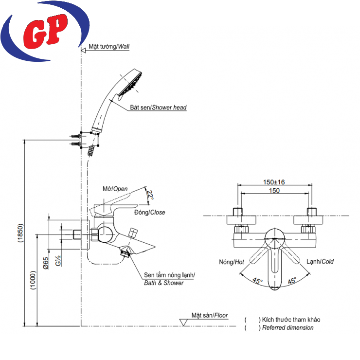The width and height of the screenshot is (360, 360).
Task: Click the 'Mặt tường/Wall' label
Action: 109,47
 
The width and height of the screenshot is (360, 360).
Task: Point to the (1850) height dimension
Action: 19,234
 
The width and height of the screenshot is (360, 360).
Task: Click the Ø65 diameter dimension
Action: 45,263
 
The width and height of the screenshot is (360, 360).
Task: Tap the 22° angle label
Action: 150,196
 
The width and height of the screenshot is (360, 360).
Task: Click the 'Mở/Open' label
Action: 115,189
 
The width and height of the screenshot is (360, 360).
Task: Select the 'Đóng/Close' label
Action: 149,213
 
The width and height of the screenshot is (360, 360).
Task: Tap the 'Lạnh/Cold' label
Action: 320,262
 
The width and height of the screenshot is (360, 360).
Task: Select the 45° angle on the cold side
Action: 292,281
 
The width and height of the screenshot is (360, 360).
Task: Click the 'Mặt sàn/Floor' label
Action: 209,315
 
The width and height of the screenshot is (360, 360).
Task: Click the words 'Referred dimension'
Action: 288,328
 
